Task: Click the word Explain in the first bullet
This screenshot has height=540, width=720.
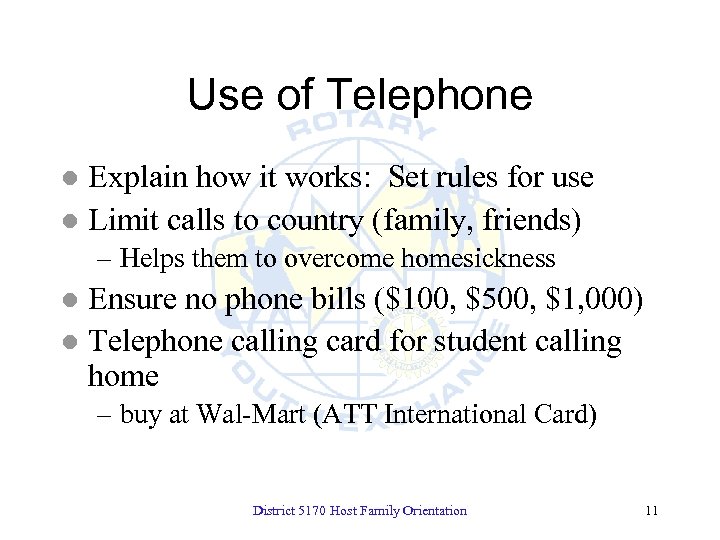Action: coord(134,179)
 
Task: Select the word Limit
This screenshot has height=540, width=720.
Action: coord(122,220)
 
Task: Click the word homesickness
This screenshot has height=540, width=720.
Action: coord(478,259)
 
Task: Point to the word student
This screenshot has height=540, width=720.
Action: coord(480,342)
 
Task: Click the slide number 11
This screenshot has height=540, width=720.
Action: coord(652,511)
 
